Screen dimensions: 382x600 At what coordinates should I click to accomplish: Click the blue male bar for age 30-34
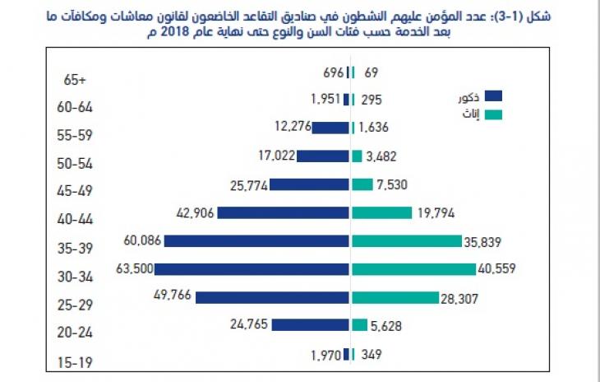[252, 269]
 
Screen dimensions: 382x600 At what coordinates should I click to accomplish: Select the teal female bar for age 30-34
[413, 269]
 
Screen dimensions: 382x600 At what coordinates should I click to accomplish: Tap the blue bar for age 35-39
[256, 241]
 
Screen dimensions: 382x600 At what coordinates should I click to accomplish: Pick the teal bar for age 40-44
[381, 212]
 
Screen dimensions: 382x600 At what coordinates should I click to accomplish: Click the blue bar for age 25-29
[272, 297]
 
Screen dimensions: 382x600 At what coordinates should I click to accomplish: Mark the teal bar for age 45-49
[362, 184]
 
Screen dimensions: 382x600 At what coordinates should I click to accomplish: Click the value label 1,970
[325, 354]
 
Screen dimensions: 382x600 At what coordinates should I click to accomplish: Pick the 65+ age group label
[76, 81]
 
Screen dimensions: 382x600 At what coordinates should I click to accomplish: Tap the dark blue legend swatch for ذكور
[494, 96]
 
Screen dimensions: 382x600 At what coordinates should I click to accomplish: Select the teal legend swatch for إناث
[494, 114]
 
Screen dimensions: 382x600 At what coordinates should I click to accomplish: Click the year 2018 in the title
[178, 31]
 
